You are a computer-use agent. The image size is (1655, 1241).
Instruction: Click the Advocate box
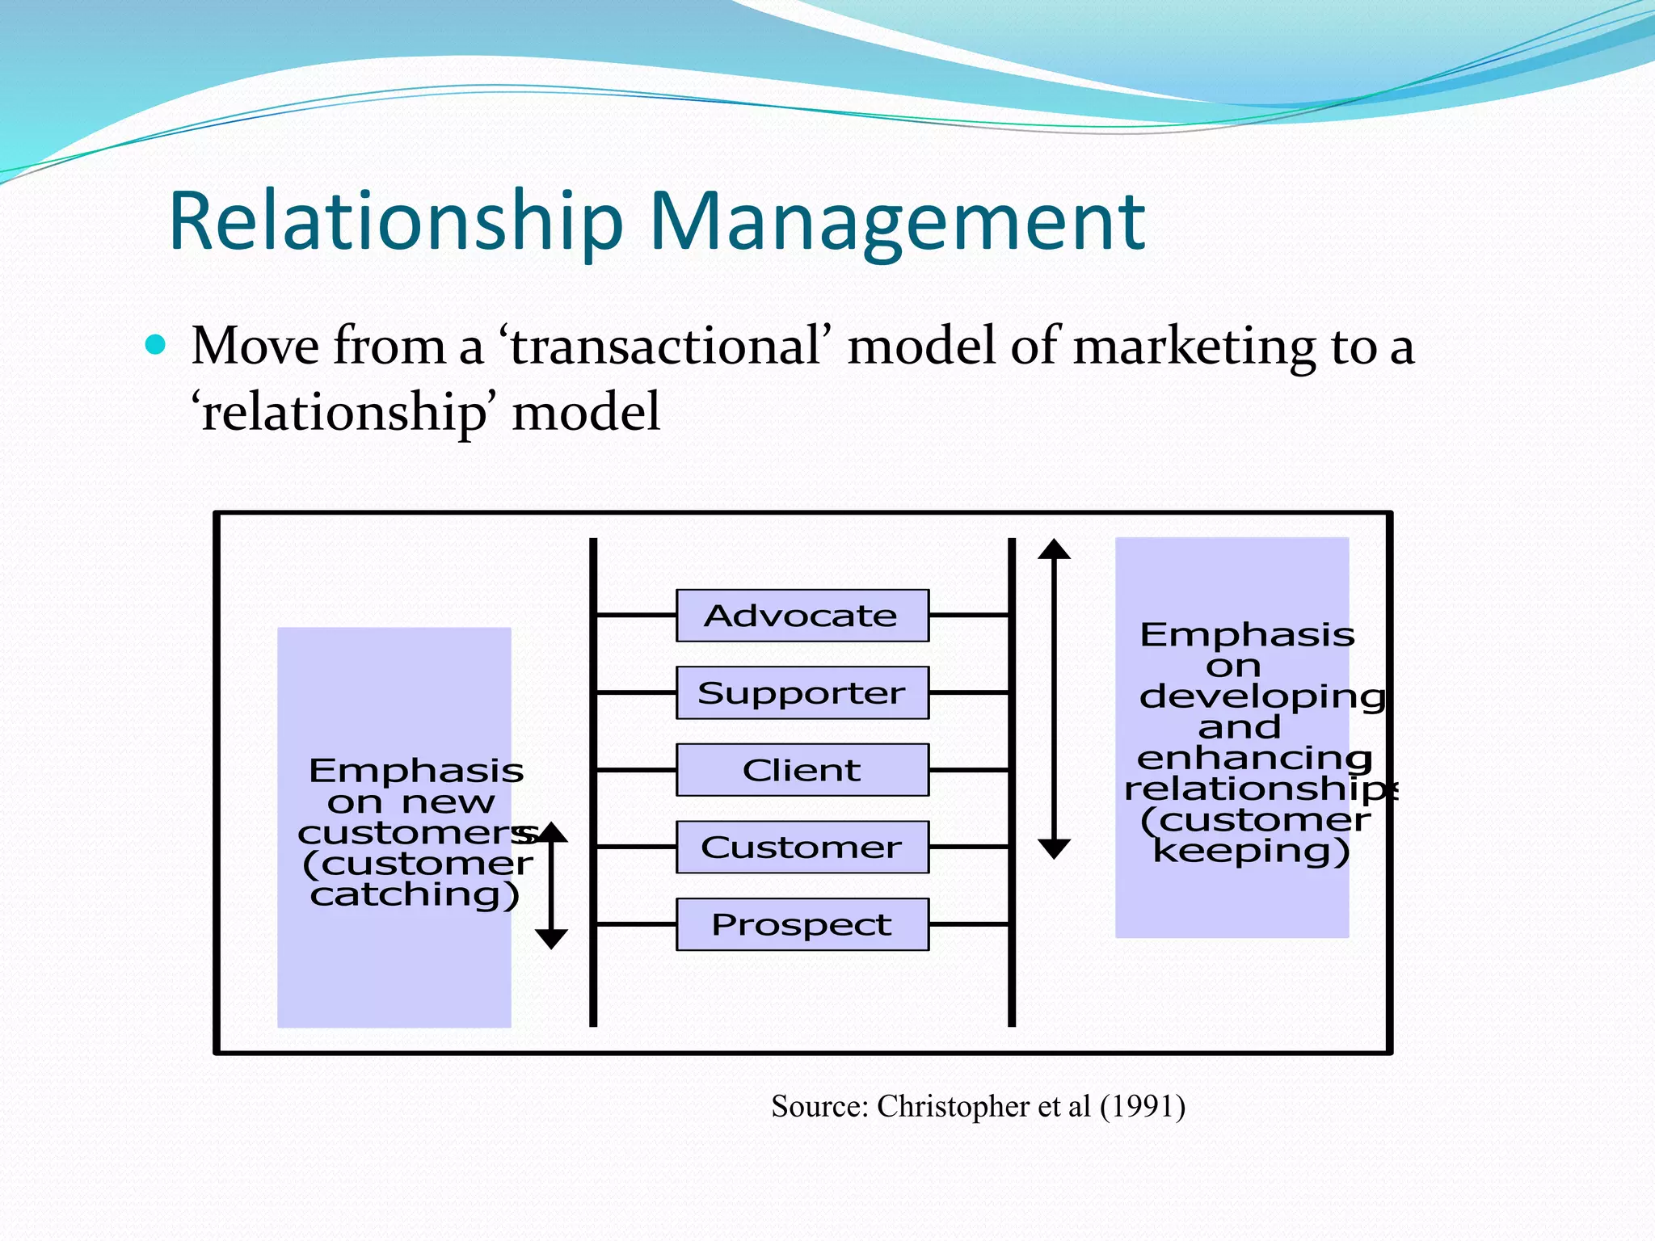(x=802, y=616)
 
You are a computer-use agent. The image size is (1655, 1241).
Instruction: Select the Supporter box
(x=802, y=692)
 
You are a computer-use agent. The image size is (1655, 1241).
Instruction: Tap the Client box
(x=802, y=770)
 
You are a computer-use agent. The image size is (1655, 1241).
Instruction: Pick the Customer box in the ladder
(x=802, y=847)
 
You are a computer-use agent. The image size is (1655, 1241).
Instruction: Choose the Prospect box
(x=802, y=924)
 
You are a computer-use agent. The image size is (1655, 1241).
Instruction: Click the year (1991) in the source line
(x=1142, y=1106)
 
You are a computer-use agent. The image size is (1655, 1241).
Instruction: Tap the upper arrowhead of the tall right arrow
(x=1054, y=549)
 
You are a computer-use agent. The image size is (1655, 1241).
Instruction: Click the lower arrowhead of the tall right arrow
(x=1054, y=848)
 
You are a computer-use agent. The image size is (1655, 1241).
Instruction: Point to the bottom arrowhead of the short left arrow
(x=551, y=939)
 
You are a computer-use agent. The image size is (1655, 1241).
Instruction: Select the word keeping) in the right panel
(x=1251, y=851)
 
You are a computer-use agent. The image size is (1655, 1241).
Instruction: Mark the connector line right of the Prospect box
(x=969, y=924)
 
